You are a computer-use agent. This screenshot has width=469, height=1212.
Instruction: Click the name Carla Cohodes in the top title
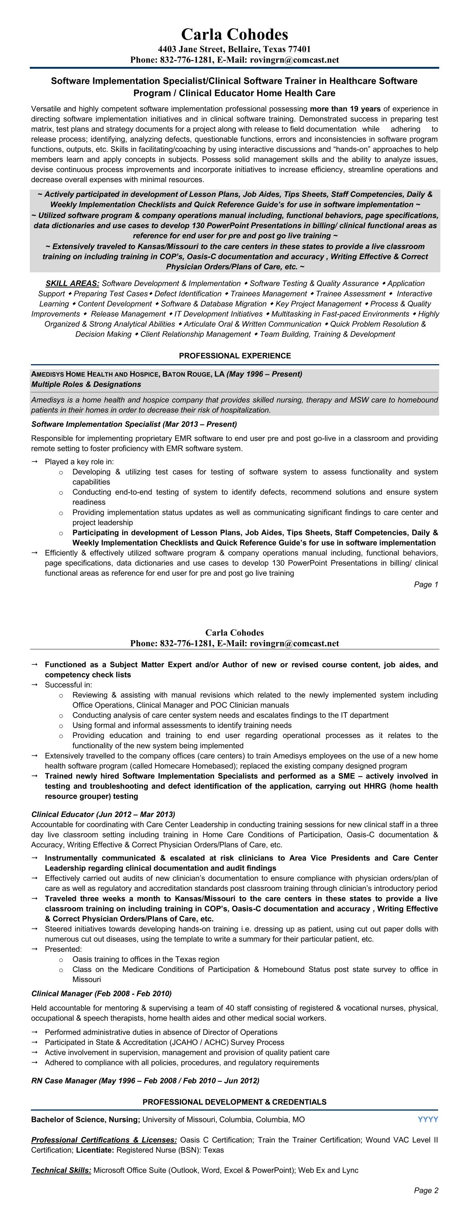[x=235, y=34]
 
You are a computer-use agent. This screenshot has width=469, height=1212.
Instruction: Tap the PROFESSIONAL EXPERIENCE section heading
[x=235, y=356]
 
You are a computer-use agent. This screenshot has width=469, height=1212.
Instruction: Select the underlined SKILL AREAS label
[x=72, y=283]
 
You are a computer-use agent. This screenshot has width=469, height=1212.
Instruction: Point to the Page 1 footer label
[x=426, y=584]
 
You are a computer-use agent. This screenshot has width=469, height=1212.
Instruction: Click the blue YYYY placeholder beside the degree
[x=427, y=1119]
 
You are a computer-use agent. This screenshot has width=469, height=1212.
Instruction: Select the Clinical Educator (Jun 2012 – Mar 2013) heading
[x=103, y=814]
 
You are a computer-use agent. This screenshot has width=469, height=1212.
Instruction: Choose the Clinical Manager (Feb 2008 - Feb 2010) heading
[x=101, y=993]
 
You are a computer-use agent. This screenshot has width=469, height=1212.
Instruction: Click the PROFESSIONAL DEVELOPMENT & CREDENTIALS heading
[x=235, y=1102]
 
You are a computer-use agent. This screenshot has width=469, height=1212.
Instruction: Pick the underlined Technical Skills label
[x=61, y=1170]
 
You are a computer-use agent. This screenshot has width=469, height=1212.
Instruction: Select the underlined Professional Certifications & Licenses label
[x=104, y=1140]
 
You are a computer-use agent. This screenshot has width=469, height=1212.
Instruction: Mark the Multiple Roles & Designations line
[x=86, y=384]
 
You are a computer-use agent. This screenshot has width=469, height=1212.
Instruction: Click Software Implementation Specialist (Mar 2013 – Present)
[x=134, y=424]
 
